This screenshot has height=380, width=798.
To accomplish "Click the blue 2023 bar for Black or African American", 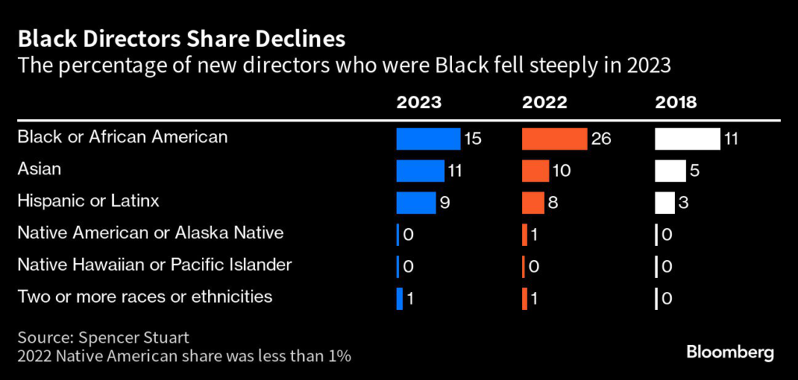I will (x=428, y=139).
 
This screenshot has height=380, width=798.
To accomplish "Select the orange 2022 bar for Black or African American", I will (x=554, y=139).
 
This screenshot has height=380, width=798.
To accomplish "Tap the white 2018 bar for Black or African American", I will (x=687, y=139).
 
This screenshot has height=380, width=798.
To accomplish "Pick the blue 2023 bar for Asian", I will (x=420, y=171).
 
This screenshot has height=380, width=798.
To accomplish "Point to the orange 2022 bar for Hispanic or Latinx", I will (x=533, y=202).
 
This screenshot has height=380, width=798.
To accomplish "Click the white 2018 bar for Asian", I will (x=670, y=171).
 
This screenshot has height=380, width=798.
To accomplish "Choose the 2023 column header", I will (x=418, y=103).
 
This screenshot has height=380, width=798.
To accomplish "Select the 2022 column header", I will (x=545, y=103).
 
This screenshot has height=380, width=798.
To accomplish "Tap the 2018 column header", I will (x=676, y=103).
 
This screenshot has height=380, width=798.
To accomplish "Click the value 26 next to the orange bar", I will (x=601, y=139).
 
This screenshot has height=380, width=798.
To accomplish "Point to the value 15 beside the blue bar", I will (x=472, y=139).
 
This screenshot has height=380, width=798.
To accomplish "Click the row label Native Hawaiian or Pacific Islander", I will (x=154, y=265).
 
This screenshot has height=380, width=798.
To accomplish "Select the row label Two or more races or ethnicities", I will (x=145, y=297).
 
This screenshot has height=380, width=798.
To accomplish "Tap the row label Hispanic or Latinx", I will (x=88, y=201).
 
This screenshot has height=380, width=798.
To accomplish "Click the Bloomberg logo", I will (x=730, y=353).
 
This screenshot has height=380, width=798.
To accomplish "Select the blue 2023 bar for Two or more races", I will (x=400, y=298).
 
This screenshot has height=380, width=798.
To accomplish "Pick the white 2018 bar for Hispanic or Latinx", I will (x=665, y=202).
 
